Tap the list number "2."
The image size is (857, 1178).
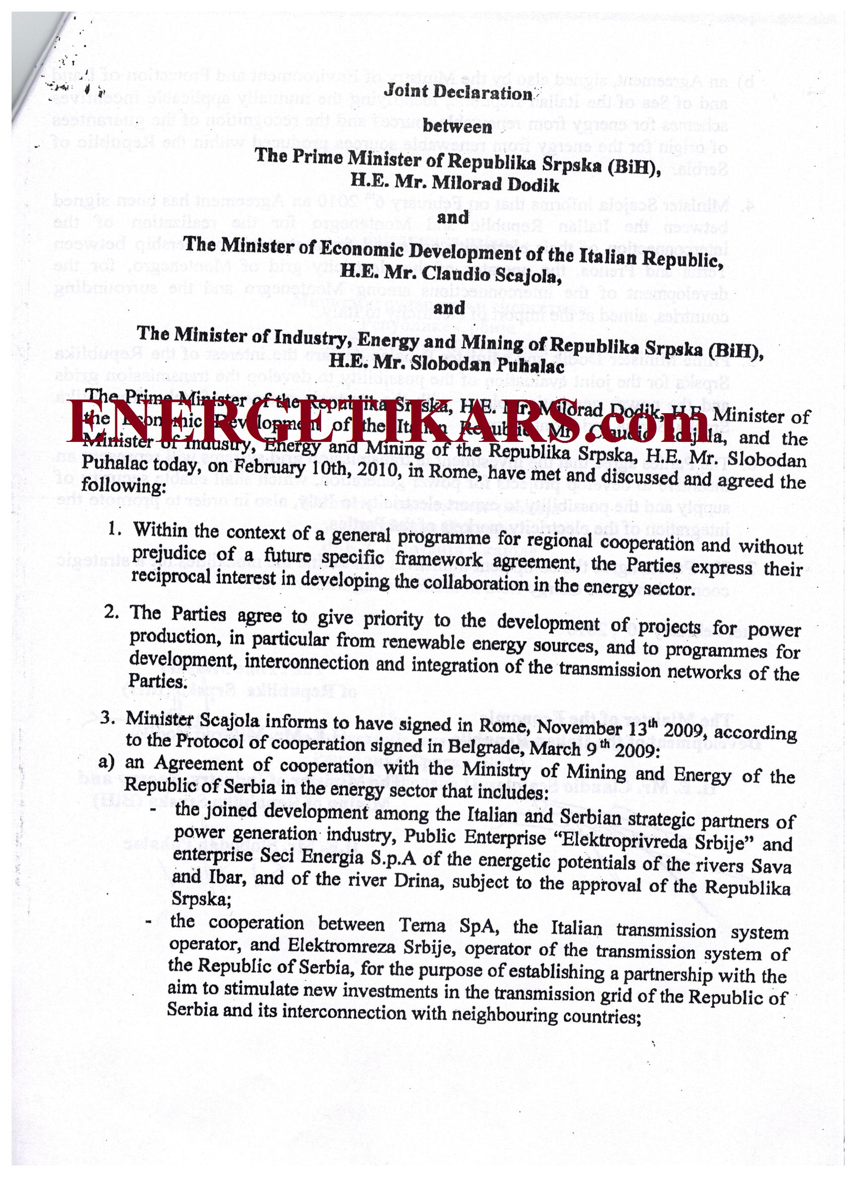coord(113,612)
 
